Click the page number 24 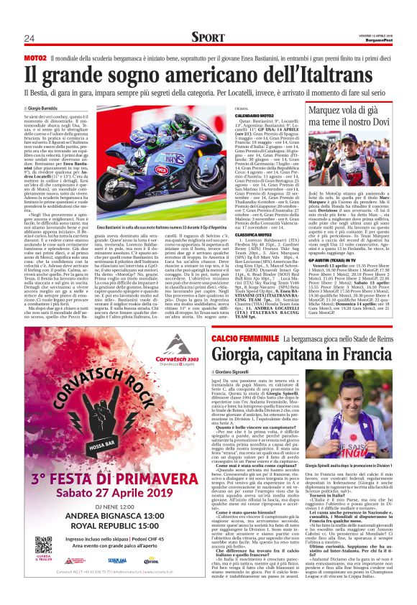pos(29,38)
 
